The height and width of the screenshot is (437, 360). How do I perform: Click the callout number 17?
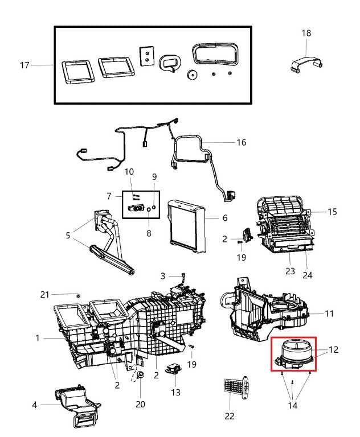click(24, 65)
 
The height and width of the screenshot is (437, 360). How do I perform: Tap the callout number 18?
click(306, 34)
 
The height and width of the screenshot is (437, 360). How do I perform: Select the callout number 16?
click(241, 142)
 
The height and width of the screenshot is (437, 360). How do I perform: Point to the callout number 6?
click(224, 218)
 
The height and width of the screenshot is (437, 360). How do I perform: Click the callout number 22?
click(229, 416)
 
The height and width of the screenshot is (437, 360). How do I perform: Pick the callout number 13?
click(175, 392)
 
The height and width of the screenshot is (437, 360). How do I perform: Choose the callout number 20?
click(140, 404)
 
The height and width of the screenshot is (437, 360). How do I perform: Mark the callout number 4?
click(35, 405)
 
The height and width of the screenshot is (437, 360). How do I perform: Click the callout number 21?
click(45, 294)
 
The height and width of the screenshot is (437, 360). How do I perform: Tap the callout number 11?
click(329, 314)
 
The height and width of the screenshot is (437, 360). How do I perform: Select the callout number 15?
click(332, 212)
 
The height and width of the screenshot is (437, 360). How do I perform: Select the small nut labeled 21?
click(78, 296)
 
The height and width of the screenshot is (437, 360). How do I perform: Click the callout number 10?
click(129, 171)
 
